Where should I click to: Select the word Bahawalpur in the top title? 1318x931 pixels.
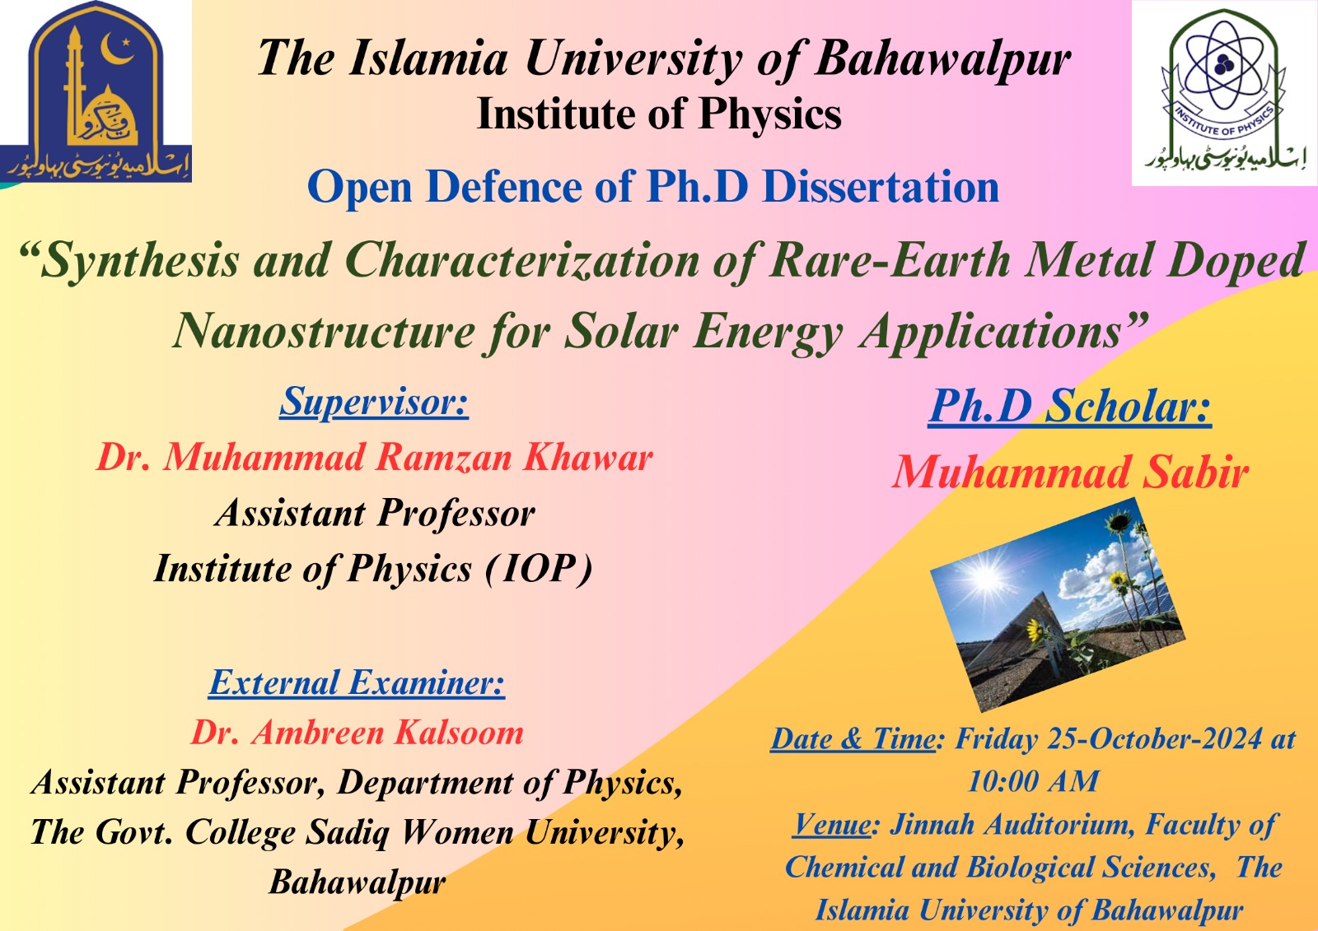pyautogui.click(x=942, y=58)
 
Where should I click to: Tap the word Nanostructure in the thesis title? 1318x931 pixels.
pyautogui.click(x=324, y=331)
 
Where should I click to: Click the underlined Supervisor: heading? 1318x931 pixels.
pyautogui.click(x=374, y=403)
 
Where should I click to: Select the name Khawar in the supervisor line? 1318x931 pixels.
pyautogui.click(x=588, y=457)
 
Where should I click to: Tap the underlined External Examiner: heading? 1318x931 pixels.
pyautogui.click(x=357, y=682)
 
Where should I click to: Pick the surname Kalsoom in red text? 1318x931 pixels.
pyautogui.click(x=459, y=733)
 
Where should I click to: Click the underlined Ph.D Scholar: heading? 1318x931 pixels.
pyautogui.click(x=1070, y=406)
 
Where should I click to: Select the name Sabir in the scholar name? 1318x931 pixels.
pyautogui.click(x=1195, y=472)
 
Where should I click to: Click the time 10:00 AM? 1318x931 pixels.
pyautogui.click(x=1033, y=782)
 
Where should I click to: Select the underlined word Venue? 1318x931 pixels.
pyautogui.click(x=832, y=825)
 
